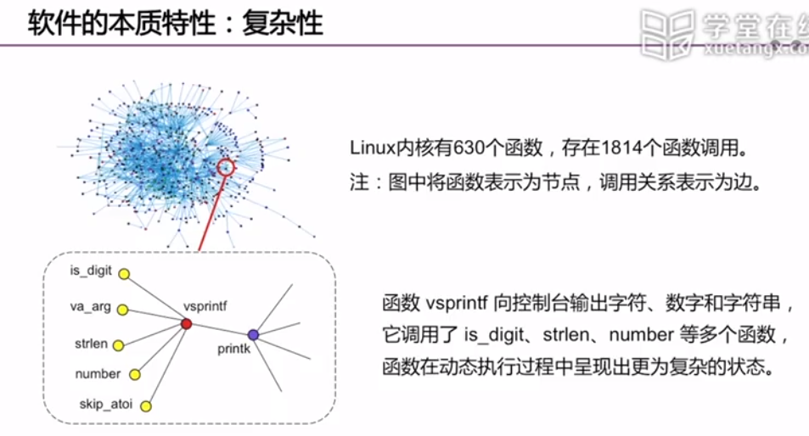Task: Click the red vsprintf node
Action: [x=187, y=323]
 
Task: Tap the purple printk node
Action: [x=253, y=334]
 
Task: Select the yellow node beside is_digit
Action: [x=124, y=274]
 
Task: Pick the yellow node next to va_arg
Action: [x=122, y=310]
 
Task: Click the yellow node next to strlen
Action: [x=119, y=345]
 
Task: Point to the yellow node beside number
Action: [x=134, y=374]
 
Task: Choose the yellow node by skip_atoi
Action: [x=145, y=406]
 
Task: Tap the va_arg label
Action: [x=90, y=306]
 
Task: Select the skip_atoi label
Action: [x=106, y=402]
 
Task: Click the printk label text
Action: [x=234, y=348]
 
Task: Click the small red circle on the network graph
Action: [x=226, y=166]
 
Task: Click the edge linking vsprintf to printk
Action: [x=220, y=328]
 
